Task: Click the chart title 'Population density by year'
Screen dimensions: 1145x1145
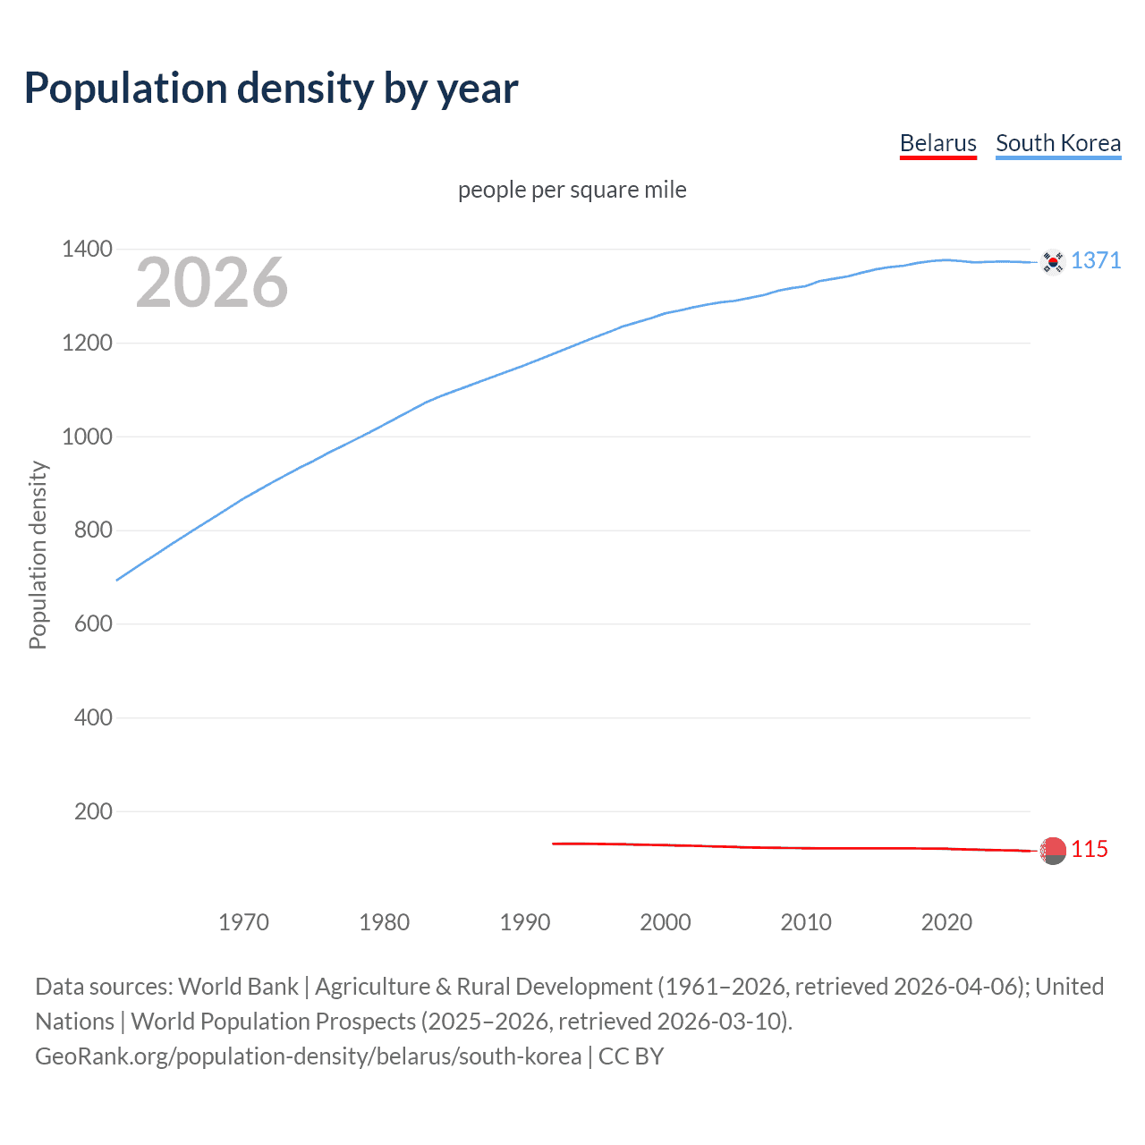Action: point(271,89)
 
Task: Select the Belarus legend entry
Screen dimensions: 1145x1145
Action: point(937,143)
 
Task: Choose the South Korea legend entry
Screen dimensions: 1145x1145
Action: point(1057,143)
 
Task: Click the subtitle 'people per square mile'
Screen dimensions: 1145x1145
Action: point(572,190)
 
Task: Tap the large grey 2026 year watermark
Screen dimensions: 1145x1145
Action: point(212,283)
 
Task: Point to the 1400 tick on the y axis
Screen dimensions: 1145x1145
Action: point(87,249)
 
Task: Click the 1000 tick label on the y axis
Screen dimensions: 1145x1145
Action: point(87,437)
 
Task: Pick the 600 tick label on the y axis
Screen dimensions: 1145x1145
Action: point(93,623)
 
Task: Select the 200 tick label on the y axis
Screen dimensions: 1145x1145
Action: point(93,811)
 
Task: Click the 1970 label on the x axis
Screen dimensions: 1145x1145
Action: point(243,922)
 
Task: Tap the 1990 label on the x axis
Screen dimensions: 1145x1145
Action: point(525,922)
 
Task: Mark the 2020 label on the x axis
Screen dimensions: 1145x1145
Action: point(946,922)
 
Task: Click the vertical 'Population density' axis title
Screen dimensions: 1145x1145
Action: point(38,555)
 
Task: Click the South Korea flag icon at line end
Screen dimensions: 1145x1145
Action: point(1053,261)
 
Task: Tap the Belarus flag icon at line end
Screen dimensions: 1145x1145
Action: point(1053,851)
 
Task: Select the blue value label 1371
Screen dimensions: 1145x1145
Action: point(1096,260)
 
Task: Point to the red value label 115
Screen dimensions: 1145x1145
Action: point(1090,849)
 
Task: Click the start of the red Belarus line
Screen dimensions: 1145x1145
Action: point(554,844)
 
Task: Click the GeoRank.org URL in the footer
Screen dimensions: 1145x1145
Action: point(308,1056)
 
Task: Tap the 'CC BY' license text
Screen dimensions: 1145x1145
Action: point(631,1056)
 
